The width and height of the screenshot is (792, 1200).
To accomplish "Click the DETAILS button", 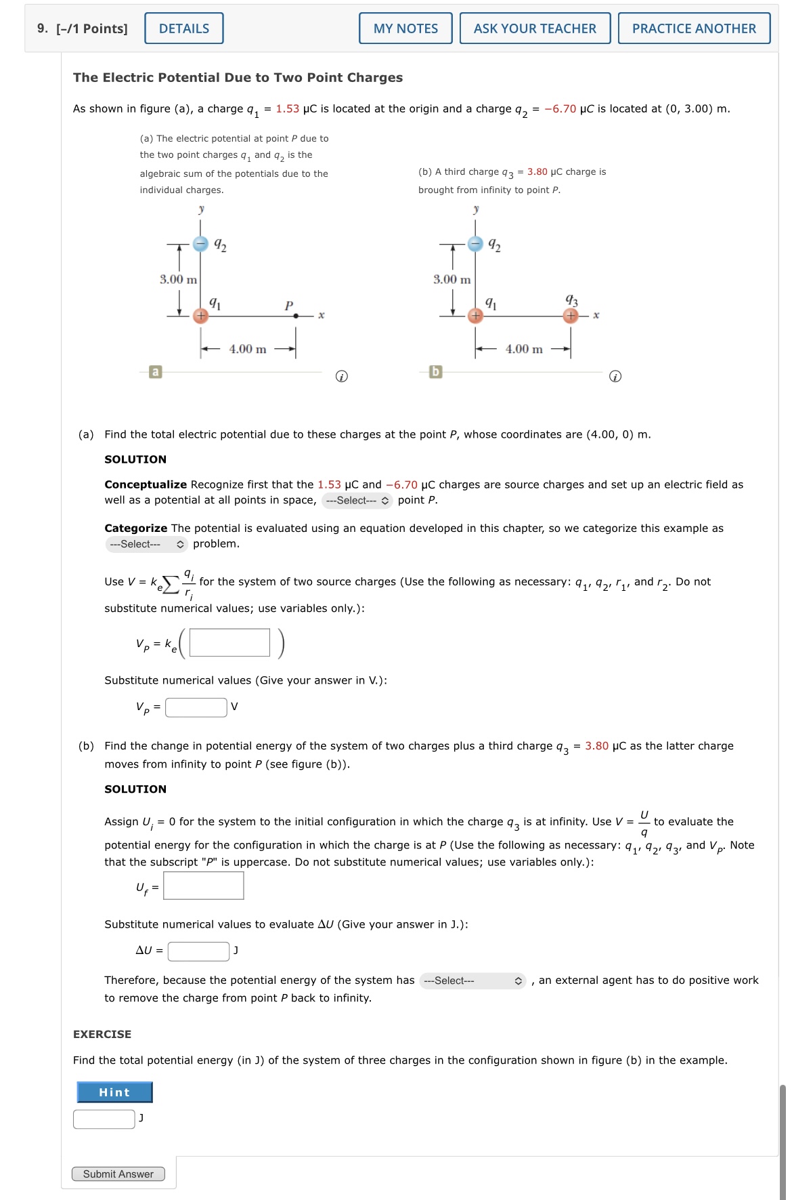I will click(x=183, y=28).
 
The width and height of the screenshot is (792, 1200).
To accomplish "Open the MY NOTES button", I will click(x=405, y=28).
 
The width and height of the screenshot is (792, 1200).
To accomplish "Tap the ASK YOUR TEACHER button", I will click(x=535, y=28).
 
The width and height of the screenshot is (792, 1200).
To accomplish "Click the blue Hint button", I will click(x=114, y=1092).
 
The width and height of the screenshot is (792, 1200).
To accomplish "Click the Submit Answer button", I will click(x=118, y=1174).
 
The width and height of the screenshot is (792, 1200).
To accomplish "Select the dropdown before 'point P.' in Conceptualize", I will click(x=357, y=501).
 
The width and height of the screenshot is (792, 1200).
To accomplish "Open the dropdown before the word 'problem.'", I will click(x=146, y=544).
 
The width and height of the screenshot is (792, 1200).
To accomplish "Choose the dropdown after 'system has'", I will click(x=472, y=980).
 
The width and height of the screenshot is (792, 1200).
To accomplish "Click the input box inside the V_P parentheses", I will click(x=229, y=642).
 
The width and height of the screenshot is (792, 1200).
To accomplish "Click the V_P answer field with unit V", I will click(x=196, y=707).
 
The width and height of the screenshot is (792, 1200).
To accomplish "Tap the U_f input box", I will click(x=204, y=886).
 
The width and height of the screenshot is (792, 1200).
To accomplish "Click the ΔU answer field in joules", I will click(x=198, y=951).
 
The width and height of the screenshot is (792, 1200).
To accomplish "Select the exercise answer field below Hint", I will click(x=104, y=1119).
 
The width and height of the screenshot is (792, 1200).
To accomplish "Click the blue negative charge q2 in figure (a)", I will click(x=200, y=244).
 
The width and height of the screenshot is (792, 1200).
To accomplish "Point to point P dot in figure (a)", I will click(x=296, y=316).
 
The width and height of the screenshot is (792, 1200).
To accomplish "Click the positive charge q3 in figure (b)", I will click(x=571, y=316).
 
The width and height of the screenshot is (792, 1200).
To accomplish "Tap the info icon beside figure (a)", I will click(x=342, y=376).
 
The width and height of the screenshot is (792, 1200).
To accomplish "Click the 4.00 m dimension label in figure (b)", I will click(x=524, y=349).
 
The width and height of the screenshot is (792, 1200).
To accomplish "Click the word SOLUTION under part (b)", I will click(x=135, y=789).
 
